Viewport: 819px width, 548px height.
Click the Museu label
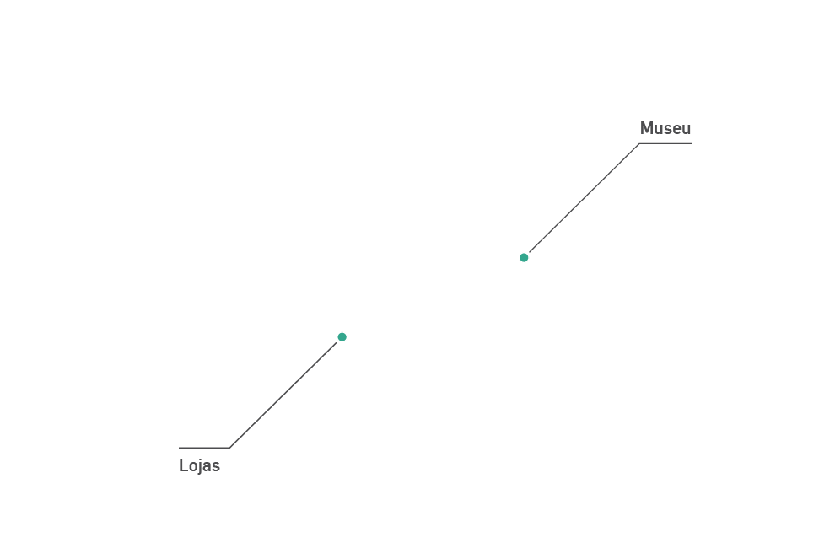point(665,128)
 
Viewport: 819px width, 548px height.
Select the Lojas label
point(199,465)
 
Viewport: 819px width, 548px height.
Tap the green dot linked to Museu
point(524,257)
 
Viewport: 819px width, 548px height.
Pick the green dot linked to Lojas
point(342,337)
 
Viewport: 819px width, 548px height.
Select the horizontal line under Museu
point(665,143)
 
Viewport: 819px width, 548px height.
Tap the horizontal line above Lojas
point(204,448)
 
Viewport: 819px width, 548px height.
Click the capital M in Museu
point(647,128)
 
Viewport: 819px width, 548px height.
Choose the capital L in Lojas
point(183,465)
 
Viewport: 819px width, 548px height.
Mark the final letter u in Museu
point(687,129)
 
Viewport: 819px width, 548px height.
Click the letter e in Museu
point(677,129)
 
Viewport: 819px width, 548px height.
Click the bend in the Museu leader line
point(639,143)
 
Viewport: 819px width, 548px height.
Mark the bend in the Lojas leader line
point(230,448)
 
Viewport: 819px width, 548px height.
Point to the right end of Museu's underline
point(691,143)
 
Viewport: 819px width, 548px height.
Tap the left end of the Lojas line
point(180,448)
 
